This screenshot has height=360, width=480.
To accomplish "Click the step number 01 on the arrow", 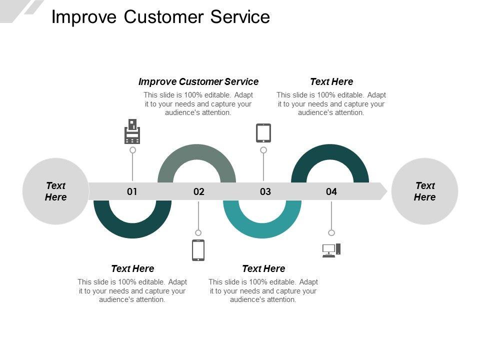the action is [x=132, y=191].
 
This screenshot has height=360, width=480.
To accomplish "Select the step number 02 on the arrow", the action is [x=198, y=191].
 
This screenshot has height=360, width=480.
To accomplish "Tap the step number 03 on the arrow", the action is [x=265, y=191].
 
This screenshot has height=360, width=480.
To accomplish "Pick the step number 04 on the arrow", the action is [x=331, y=191].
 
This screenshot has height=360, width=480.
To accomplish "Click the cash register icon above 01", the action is [x=132, y=131].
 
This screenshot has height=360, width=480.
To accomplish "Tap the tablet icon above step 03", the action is [x=263, y=133].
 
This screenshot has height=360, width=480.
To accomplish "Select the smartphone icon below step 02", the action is [x=198, y=250].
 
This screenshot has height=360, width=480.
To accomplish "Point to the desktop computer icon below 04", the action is [x=331, y=250].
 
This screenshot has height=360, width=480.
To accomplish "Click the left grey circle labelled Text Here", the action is [x=55, y=191].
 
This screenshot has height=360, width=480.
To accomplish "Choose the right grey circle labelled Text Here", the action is [x=424, y=191].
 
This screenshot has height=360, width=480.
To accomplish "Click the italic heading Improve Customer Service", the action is [x=198, y=81].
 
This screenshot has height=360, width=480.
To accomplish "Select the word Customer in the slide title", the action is [x=163, y=17].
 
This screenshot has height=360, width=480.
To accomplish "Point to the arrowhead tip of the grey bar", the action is [x=387, y=191].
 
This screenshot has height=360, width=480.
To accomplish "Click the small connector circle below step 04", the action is [x=331, y=233].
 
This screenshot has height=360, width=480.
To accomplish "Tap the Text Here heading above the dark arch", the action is [x=331, y=81].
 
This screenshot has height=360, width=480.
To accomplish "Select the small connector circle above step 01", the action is [x=132, y=150].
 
